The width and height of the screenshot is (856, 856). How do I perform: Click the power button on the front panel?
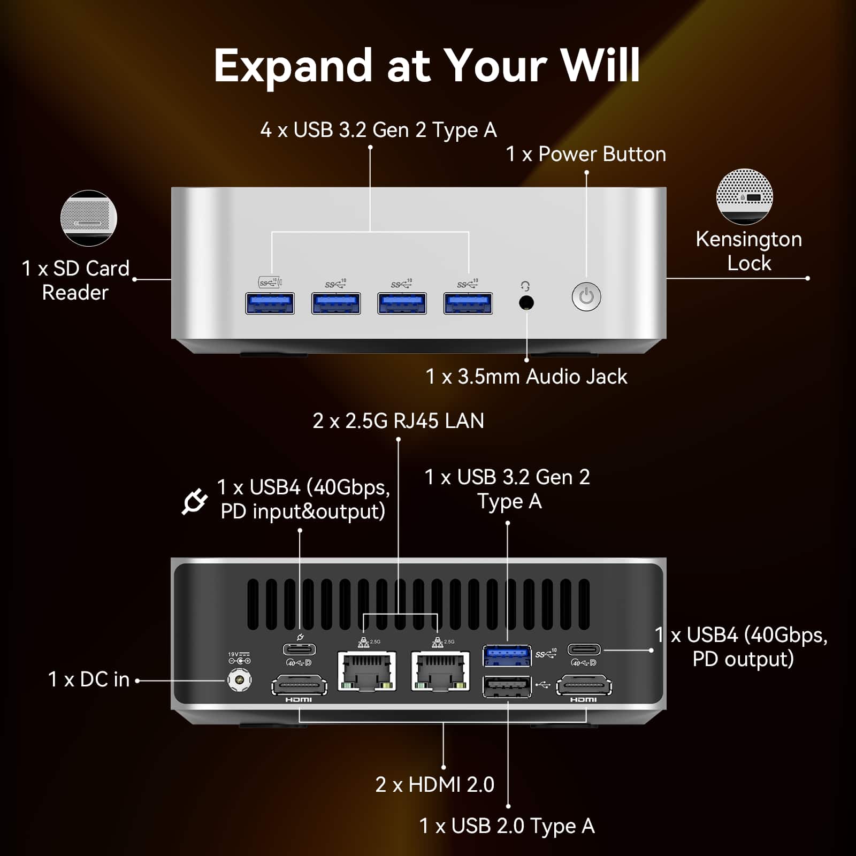tap(586, 296)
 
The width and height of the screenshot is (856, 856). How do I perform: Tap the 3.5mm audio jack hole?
tap(526, 303)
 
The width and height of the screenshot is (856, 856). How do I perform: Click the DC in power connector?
tap(239, 681)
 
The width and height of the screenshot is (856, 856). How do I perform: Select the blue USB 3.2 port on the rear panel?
tap(507, 655)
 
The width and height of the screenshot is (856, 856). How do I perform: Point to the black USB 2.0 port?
tap(507, 686)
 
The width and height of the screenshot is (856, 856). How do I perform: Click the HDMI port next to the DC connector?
tap(299, 685)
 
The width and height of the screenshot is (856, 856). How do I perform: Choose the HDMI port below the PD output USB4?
tap(584, 685)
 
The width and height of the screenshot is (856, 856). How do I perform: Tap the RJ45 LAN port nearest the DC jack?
tap(367, 671)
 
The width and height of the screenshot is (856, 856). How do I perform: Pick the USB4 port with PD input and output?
tap(299, 649)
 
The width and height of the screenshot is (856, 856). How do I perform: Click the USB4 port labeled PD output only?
tap(584, 649)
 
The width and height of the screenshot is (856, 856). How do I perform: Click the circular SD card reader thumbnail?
tap(89, 218)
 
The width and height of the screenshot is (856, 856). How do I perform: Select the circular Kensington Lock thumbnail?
tap(744, 196)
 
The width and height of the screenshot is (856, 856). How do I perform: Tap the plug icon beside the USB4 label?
tap(194, 501)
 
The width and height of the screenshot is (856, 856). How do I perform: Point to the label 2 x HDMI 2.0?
tap(434, 784)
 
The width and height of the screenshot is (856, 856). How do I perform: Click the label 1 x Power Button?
tap(586, 154)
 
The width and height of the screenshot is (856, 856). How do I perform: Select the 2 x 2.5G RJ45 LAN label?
tap(398, 421)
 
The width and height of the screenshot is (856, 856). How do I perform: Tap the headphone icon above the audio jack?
tap(525, 286)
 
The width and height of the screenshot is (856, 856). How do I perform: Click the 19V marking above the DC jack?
tap(233, 654)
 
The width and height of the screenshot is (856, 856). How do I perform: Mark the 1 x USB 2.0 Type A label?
tap(507, 826)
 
